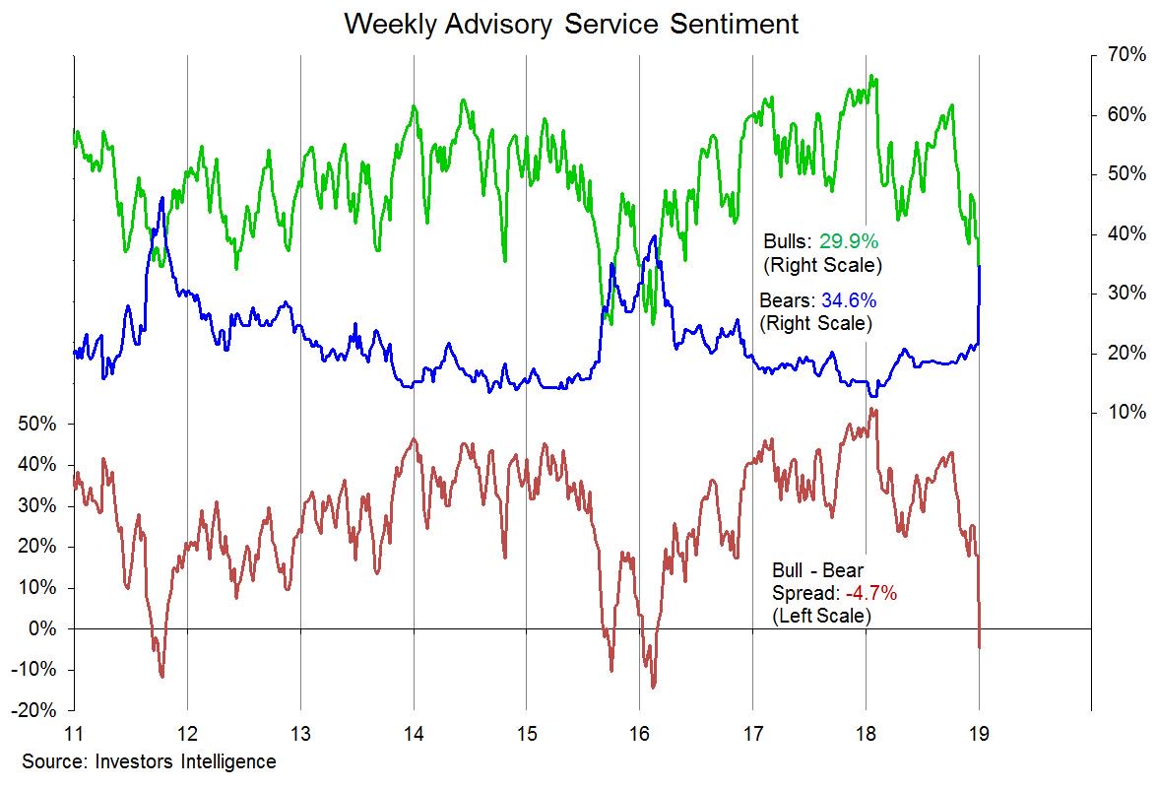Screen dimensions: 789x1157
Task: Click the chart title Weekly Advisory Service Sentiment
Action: [571, 24]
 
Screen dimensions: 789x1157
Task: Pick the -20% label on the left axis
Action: [34, 711]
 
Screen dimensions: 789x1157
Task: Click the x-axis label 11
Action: [74, 734]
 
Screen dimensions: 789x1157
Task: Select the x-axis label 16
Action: [639, 734]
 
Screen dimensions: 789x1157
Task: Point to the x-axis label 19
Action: [979, 734]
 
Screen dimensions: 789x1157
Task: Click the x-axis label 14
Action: [414, 734]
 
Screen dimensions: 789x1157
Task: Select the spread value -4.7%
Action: [868, 594]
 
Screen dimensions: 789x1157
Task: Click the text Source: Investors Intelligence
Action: [149, 761]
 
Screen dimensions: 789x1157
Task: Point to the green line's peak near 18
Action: [870, 76]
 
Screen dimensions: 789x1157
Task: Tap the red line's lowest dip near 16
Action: [653, 688]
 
